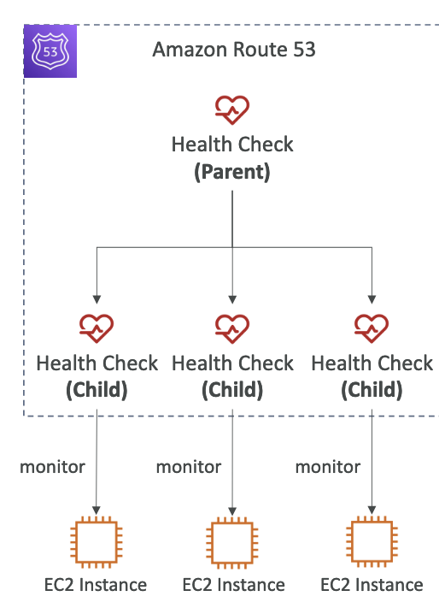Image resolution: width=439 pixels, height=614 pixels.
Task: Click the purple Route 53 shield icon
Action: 50,51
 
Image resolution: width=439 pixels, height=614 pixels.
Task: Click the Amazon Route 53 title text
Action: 234,50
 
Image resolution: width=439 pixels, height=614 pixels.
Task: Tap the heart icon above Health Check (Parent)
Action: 232,110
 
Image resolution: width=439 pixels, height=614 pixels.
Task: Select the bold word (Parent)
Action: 232,172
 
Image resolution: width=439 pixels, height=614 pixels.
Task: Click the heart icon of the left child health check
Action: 97,328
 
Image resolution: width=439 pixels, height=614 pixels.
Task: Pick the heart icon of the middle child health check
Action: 232,328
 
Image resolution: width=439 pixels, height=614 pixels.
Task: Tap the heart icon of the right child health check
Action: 372,328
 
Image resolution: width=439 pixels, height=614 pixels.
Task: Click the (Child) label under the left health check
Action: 97,390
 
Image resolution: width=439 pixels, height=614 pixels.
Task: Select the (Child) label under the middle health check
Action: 232,390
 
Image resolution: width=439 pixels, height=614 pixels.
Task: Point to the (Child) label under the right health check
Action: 372,390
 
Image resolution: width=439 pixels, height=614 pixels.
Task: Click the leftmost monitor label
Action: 52,467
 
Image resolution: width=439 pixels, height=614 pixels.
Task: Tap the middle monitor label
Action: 189,467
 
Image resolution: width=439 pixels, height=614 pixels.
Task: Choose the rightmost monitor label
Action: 328,467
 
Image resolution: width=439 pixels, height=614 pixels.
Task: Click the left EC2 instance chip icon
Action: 97,542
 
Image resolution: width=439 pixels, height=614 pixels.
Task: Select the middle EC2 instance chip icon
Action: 232,543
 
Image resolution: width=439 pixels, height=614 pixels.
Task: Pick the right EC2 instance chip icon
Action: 372,542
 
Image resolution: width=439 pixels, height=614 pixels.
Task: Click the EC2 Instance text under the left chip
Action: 96,585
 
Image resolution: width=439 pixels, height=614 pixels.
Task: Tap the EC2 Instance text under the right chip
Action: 372,585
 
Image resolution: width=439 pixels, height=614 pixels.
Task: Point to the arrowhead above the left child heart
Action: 97,299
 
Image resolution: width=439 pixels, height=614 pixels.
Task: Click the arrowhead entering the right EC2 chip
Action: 372,511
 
